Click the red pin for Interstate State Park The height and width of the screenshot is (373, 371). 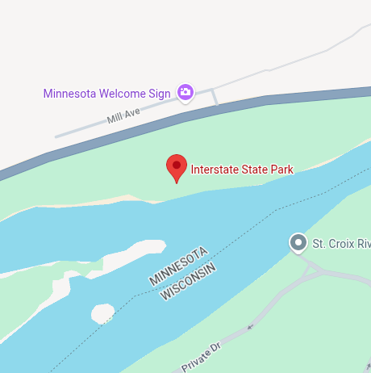coord(177,166)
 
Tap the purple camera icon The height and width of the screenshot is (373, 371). coord(185,93)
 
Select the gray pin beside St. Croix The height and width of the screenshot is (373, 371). coord(298,242)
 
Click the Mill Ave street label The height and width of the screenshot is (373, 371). coord(123,118)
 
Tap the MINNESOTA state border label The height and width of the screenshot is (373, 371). coord(179,263)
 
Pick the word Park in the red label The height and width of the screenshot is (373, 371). coord(281,170)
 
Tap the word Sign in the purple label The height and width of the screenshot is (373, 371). coord(160,93)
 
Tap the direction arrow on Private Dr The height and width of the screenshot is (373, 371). coord(249,327)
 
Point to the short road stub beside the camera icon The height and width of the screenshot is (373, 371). coord(215,97)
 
